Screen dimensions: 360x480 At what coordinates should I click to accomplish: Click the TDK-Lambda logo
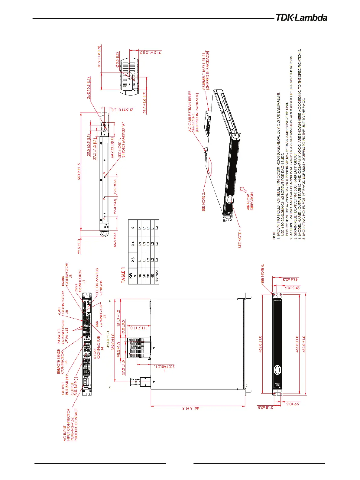[x=301, y=18]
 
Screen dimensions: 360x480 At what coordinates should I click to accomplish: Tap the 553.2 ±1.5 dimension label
[x=79, y=171]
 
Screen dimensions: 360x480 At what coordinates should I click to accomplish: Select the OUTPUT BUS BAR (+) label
[x=65, y=384]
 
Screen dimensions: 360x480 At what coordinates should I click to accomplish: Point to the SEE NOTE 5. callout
[x=262, y=273]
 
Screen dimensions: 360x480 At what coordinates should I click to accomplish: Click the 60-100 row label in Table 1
[x=157, y=275]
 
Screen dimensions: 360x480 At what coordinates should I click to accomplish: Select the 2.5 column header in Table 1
[x=133, y=260]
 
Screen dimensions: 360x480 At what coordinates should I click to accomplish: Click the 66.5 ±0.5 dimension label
[x=115, y=239]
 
